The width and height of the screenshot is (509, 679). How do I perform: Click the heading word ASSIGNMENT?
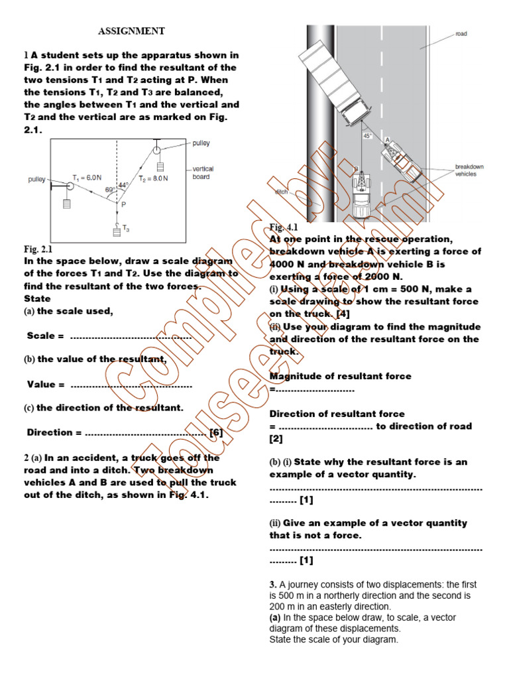click(x=132, y=31)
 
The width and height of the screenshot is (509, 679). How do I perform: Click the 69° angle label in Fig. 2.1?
click(x=110, y=190)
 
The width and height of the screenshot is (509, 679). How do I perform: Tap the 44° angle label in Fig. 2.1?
click(x=123, y=185)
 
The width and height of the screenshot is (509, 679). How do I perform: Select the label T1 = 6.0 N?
click(x=87, y=177)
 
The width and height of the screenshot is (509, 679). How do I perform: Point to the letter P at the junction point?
click(x=124, y=205)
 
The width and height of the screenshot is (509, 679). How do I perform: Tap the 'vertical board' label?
click(x=203, y=172)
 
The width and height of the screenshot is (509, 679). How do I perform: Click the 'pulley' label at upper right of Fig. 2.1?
click(x=201, y=143)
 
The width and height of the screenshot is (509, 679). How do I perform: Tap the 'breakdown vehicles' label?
click(x=469, y=170)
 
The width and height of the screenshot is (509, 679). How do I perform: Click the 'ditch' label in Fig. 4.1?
click(x=281, y=192)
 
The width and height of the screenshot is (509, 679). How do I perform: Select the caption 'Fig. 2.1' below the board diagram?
click(x=38, y=249)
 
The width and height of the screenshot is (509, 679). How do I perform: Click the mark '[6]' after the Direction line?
click(x=216, y=432)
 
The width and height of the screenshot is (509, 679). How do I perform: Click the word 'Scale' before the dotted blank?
click(x=40, y=336)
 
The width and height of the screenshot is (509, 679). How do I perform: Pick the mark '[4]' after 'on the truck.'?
click(x=343, y=314)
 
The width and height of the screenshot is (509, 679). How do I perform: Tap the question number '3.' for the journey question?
click(x=273, y=584)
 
